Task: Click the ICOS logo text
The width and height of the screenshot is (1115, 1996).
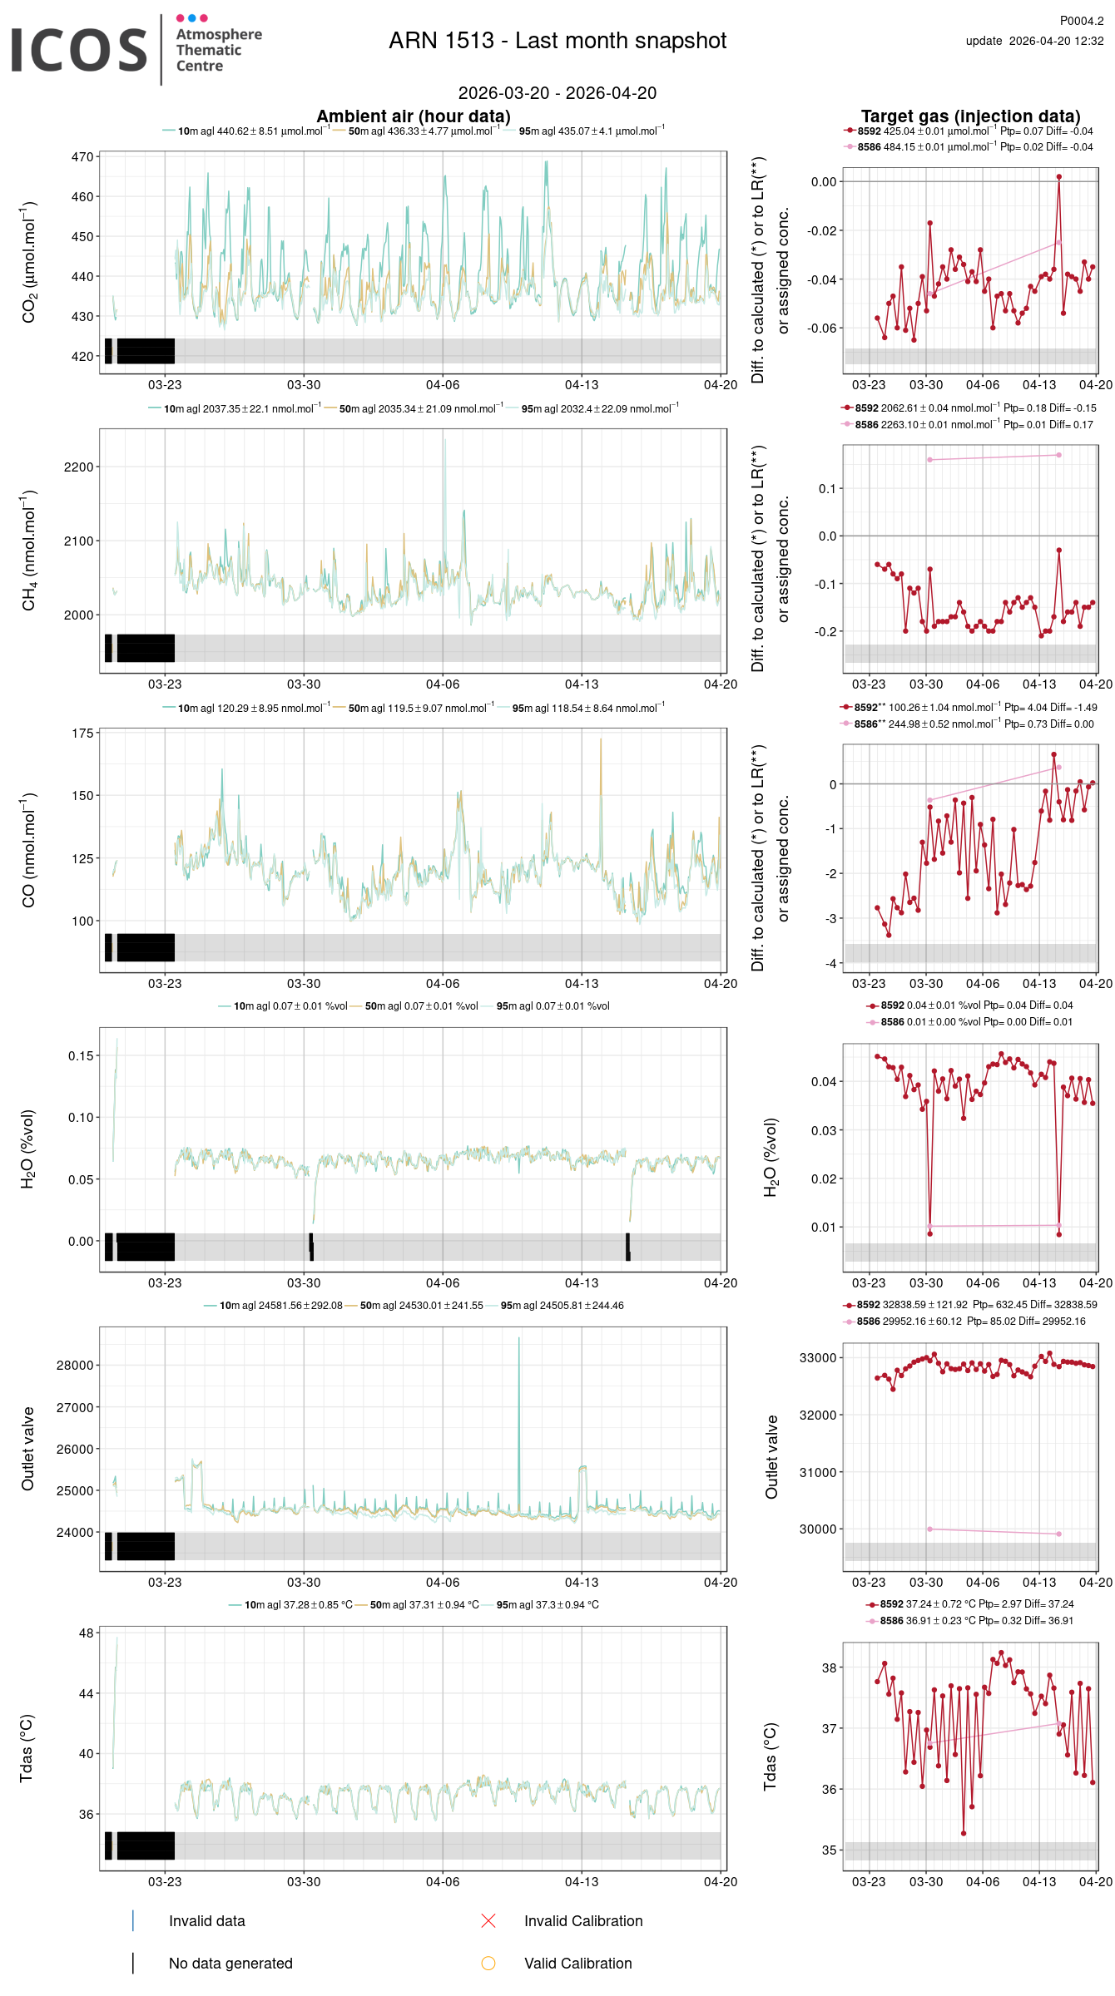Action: tap(79, 50)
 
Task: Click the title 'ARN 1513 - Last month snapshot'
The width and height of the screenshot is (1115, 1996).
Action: tap(557, 41)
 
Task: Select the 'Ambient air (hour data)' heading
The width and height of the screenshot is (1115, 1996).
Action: tap(413, 116)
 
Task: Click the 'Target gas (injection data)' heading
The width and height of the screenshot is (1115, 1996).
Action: tap(970, 116)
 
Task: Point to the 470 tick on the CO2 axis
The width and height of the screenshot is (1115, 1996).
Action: tap(82, 156)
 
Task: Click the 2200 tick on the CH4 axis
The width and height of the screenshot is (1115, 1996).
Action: tap(78, 467)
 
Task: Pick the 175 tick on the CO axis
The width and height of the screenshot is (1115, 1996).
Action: tap(82, 734)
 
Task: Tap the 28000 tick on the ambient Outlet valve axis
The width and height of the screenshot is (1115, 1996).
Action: tap(75, 1366)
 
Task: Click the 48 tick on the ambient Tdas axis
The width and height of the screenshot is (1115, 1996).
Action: tap(87, 1633)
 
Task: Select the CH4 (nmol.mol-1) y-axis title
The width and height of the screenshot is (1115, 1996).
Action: tap(29, 551)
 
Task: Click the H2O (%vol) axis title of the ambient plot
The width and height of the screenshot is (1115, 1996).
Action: tap(27, 1149)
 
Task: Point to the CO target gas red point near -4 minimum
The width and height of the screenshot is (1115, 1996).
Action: tap(889, 935)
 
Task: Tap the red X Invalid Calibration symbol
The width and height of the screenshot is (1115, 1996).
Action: tap(488, 1920)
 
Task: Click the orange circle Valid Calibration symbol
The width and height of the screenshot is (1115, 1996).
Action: tap(488, 1963)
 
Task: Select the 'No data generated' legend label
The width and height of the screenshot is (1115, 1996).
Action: tap(230, 1963)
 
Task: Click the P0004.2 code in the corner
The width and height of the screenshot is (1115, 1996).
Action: tap(1081, 21)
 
